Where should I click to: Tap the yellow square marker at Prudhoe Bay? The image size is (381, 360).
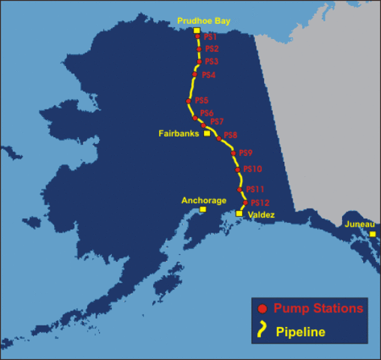tap(197, 31)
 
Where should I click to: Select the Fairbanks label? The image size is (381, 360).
tap(178, 133)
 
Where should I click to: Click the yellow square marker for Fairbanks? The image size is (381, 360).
tap(207, 133)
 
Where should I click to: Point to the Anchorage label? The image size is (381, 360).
tap(203, 200)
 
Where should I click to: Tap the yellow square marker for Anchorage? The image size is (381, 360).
tap(202, 210)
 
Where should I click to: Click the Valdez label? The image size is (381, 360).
tap(262, 215)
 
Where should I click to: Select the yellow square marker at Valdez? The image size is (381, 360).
tap(239, 214)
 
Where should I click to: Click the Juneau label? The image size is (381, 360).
tap(359, 223)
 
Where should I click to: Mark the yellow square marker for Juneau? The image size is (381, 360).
tap(372, 234)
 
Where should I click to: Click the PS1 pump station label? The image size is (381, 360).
tap(211, 37)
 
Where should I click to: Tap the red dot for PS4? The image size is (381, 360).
tap(194, 74)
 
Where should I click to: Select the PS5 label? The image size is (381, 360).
tap(202, 100)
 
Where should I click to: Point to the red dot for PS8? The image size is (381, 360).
tap(219, 138)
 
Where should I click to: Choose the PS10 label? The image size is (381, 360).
tap(253, 169)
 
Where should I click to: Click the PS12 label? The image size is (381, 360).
tap(259, 202)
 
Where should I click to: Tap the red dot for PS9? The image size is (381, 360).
tap(233, 153)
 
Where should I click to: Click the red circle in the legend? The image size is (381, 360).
tap(262, 309)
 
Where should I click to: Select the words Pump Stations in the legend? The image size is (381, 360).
tap(319, 308)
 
